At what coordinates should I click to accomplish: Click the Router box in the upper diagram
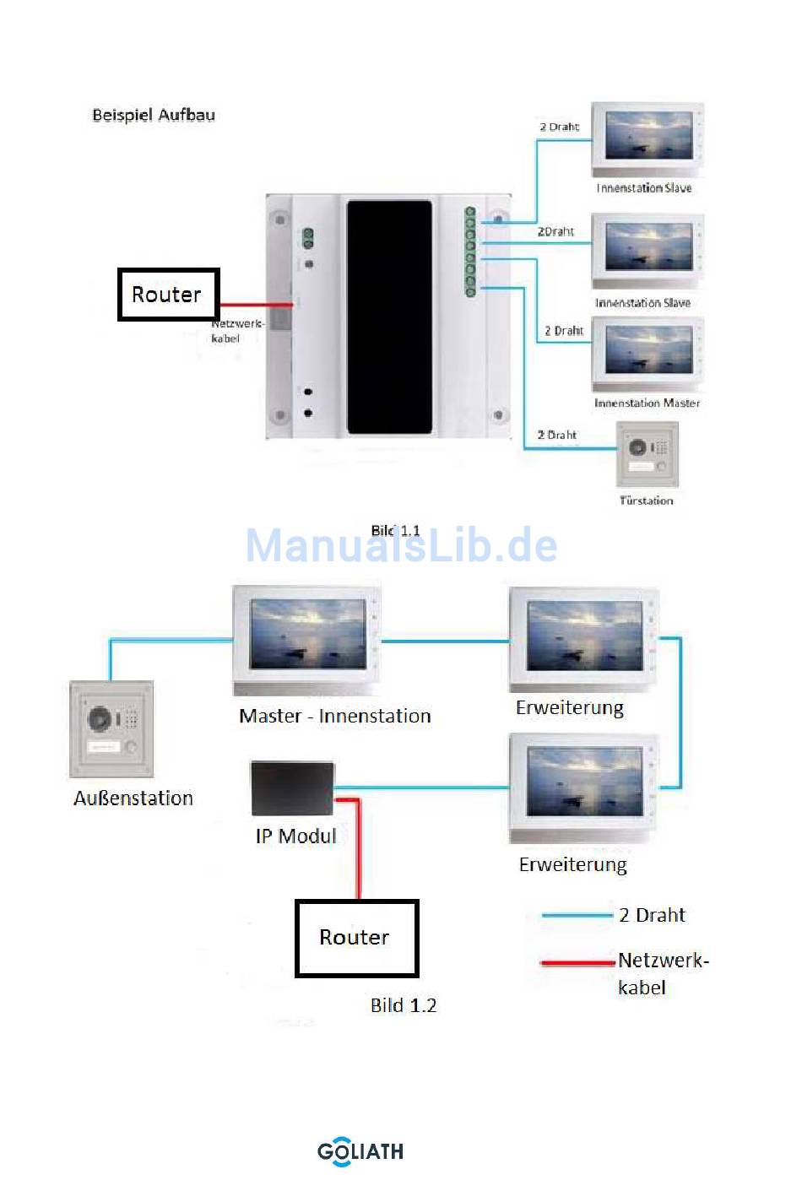pos(168,295)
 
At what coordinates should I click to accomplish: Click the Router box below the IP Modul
pos(356,938)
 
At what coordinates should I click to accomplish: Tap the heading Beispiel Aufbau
pos(154,115)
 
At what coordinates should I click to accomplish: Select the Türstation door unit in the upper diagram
pos(648,454)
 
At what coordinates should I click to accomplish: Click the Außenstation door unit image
pos(111,729)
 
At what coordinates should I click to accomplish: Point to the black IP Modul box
pos(293,788)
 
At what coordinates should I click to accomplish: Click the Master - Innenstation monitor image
pos(306,637)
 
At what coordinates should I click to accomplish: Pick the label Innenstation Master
pos(647,403)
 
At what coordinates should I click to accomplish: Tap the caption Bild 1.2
pos(404,1005)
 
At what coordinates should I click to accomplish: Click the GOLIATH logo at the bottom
pos(360,1151)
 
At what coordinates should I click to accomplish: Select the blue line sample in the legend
pos(577,915)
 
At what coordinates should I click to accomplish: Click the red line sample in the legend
pos(577,961)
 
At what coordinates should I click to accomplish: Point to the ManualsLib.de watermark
pos(401,545)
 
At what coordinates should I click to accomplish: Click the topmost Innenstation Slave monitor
pos(648,139)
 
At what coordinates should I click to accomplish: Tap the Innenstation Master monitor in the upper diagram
pos(648,352)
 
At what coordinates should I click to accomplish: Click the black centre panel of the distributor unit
pos(389,317)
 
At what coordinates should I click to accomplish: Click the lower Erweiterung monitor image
pos(583,786)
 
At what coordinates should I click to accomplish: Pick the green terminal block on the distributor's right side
pos(470,252)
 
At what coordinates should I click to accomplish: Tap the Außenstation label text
pos(133,798)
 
